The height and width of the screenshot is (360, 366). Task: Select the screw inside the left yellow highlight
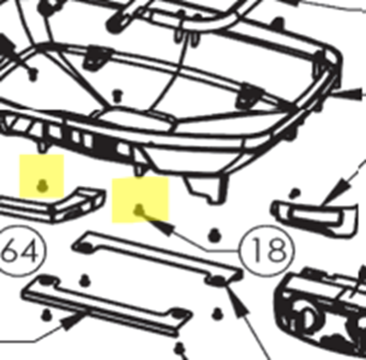pos(42,186)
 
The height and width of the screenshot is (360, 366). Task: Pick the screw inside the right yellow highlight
pos(139,210)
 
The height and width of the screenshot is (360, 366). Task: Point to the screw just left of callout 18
pos(214,235)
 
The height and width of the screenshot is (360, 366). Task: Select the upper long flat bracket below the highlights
pos(157,258)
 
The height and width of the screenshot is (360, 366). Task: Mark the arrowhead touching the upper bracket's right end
pos(236,301)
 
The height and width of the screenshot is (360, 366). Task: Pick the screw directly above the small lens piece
pos(295,193)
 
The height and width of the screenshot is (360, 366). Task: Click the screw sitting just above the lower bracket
pos(85,280)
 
